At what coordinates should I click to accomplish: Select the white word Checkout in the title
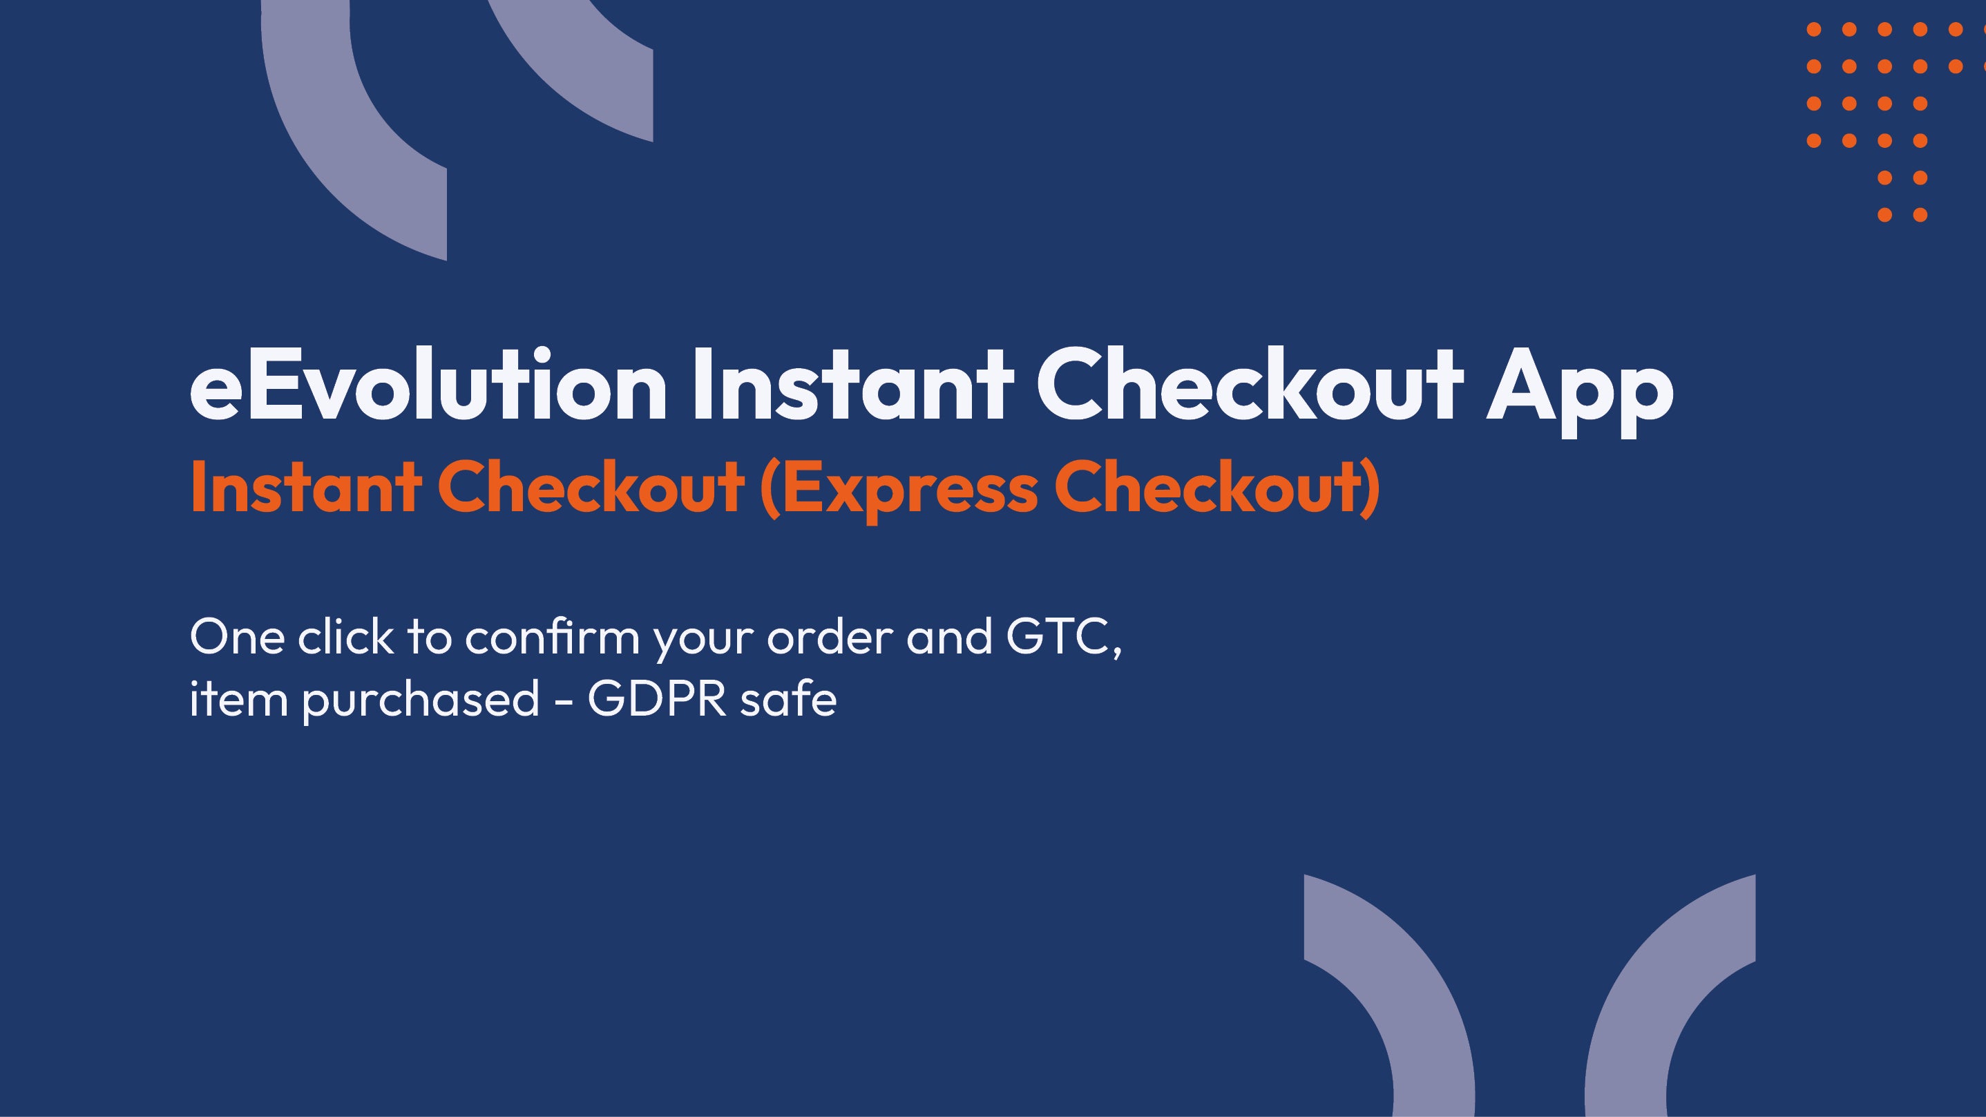pyautogui.click(x=1250, y=383)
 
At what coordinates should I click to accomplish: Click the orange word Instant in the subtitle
pyautogui.click(x=305, y=487)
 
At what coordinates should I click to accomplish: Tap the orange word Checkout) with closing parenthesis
pyautogui.click(x=1217, y=490)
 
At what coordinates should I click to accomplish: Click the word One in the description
pyautogui.click(x=238, y=638)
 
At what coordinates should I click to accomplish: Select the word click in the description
pyautogui.click(x=345, y=637)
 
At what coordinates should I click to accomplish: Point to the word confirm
pyautogui.click(x=552, y=637)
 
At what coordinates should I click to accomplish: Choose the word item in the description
pyautogui.click(x=239, y=698)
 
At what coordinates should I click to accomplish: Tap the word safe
pyautogui.click(x=788, y=698)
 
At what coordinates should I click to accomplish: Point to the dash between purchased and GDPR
pyautogui.click(x=564, y=703)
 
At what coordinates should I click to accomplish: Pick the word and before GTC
pyautogui.click(x=949, y=638)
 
